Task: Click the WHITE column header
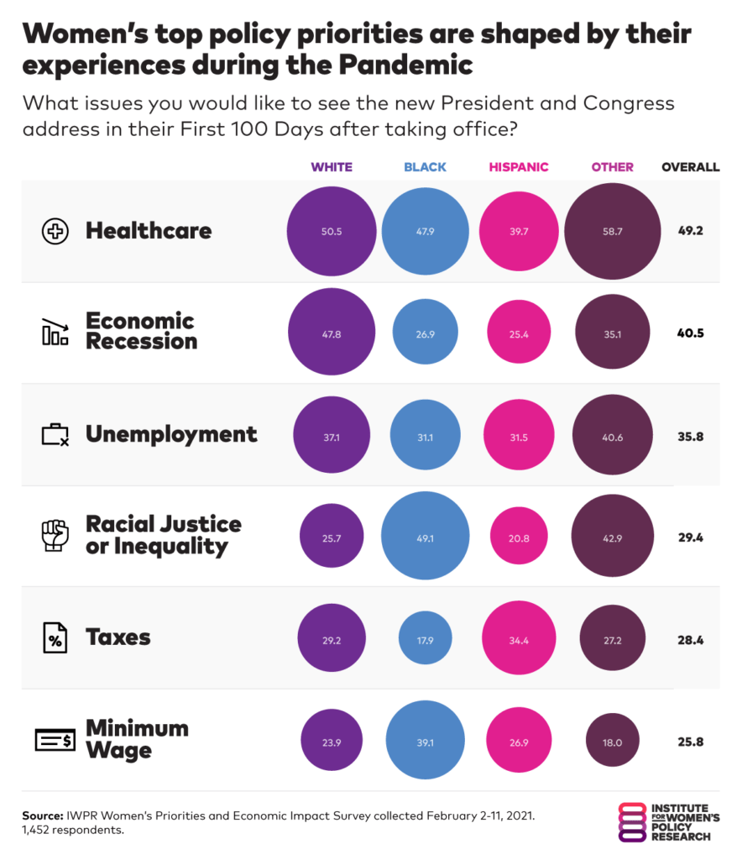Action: pos(332,167)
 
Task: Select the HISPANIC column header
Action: pos(518,167)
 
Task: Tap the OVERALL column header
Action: pos(690,167)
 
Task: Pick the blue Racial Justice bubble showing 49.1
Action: pos(425,536)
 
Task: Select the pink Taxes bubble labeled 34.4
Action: pos(518,638)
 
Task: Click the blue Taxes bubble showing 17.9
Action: pos(425,638)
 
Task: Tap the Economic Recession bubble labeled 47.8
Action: pos(332,333)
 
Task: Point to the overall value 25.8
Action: pos(690,741)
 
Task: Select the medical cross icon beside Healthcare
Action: pos(55,231)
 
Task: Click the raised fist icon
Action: pos(55,536)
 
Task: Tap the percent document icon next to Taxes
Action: pos(55,638)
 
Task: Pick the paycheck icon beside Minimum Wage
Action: pos(55,740)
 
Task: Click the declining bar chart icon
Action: pos(55,333)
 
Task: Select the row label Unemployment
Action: pos(171,434)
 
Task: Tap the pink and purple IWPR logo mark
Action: pos(630,822)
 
